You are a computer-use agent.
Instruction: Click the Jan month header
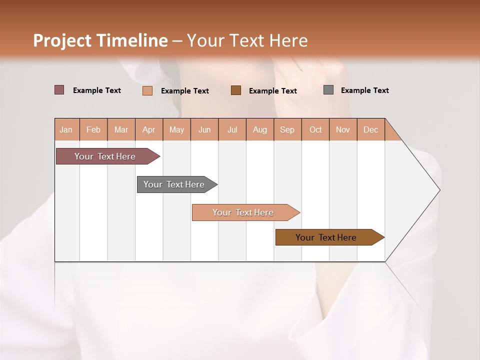click(x=66, y=129)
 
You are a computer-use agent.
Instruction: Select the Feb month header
click(x=93, y=129)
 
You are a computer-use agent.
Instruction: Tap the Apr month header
click(x=148, y=129)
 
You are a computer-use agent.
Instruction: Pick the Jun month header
click(x=204, y=129)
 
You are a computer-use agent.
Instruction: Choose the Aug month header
click(x=259, y=129)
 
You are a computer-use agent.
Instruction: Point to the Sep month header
click(x=287, y=129)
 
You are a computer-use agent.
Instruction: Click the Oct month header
click(x=315, y=129)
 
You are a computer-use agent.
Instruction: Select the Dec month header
click(x=370, y=129)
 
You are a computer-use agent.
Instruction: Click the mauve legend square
click(x=59, y=90)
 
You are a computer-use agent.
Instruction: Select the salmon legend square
click(x=147, y=90)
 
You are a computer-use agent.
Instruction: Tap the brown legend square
click(x=236, y=90)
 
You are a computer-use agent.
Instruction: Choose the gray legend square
click(x=328, y=90)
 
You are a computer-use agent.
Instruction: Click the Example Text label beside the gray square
click(x=364, y=90)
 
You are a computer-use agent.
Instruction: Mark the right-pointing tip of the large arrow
click(x=439, y=190)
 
